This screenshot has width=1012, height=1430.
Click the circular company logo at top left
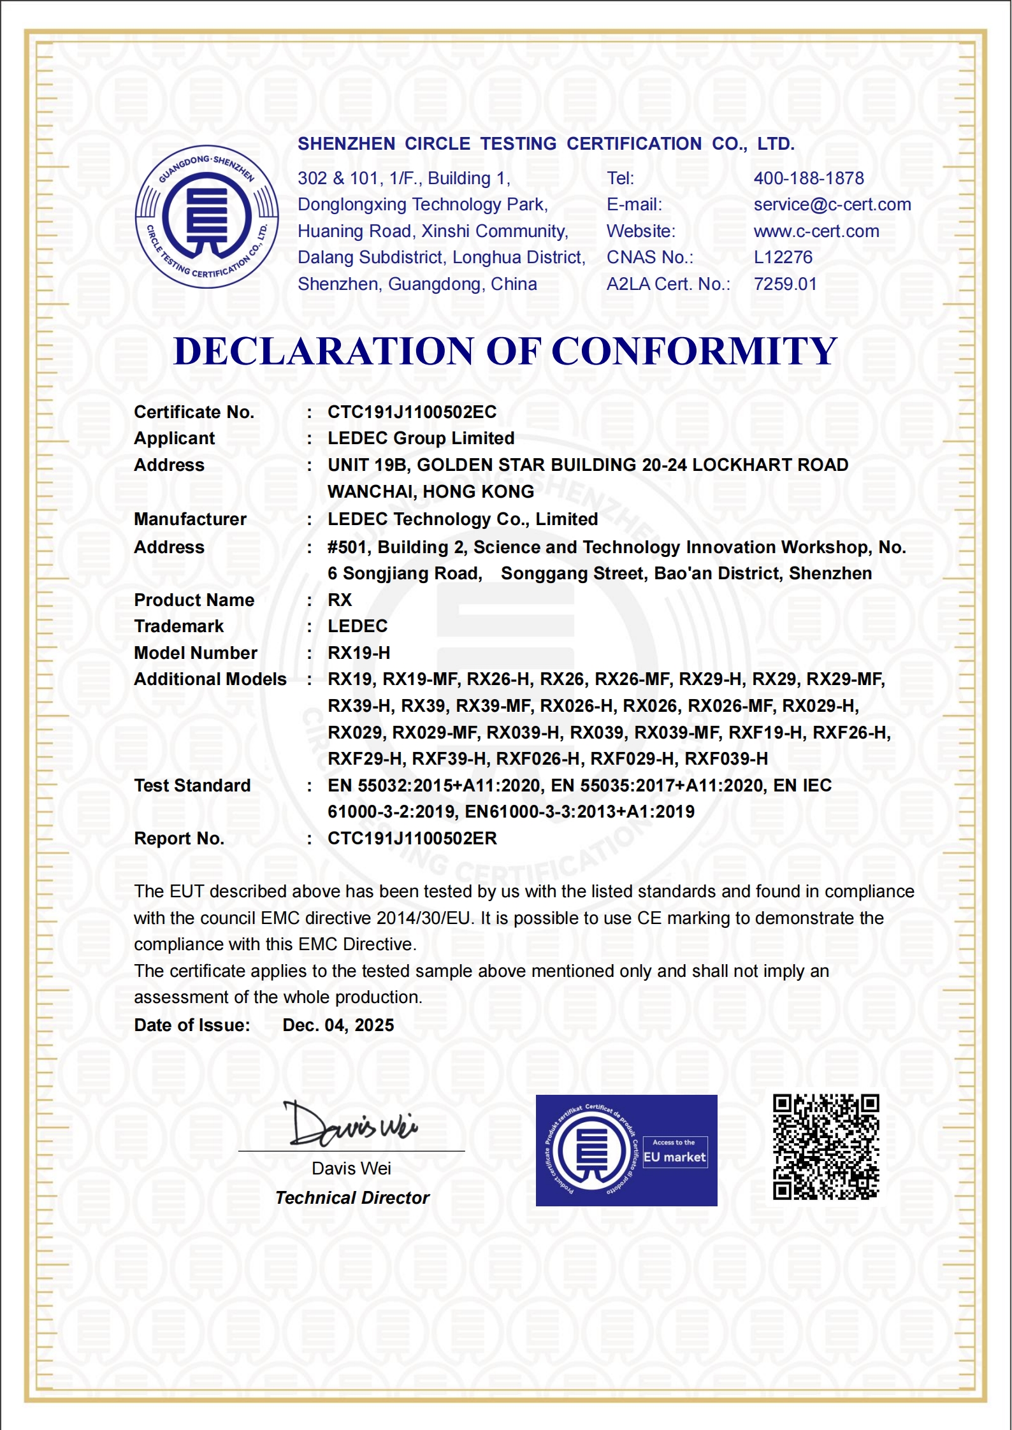tap(206, 217)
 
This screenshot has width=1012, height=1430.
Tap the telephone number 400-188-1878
tap(808, 178)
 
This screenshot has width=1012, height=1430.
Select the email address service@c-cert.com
tap(832, 205)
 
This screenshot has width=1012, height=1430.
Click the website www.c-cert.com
tap(816, 231)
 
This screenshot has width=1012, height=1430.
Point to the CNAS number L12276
tap(783, 257)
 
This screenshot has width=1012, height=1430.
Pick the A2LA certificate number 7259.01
tap(784, 284)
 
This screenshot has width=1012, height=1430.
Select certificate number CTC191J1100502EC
tap(412, 412)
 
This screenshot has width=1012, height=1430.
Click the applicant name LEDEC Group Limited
tap(421, 438)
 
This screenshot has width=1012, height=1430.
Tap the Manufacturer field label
tap(190, 519)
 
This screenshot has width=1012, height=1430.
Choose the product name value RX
tap(339, 600)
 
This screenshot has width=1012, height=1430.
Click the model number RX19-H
tap(359, 653)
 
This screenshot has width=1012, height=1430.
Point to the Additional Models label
tap(210, 679)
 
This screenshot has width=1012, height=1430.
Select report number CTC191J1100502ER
tap(412, 839)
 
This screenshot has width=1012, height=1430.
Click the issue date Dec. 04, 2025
tap(338, 1025)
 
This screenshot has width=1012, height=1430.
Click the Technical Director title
tap(352, 1198)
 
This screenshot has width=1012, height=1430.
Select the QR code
tap(826, 1147)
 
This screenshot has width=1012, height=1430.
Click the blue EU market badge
tap(626, 1150)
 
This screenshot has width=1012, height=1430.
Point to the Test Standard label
tap(192, 786)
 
